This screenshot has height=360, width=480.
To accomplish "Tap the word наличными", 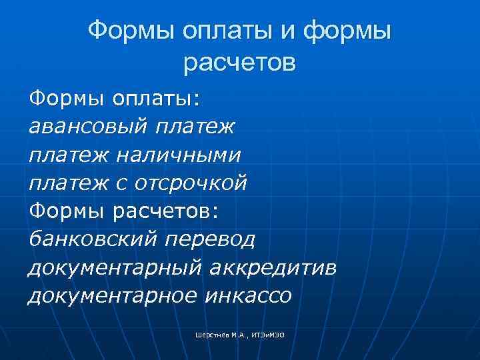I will (x=178, y=155).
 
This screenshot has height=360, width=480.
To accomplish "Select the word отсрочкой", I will (x=191, y=183).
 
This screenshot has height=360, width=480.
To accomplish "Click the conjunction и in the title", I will (x=291, y=30).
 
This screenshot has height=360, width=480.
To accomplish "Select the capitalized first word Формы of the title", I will (x=129, y=30).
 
